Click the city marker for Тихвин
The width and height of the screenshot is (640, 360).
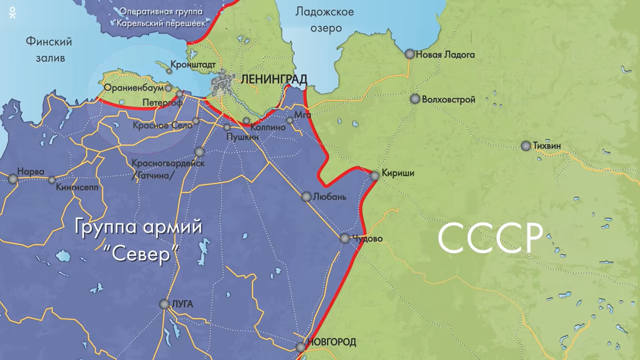coord(526,146)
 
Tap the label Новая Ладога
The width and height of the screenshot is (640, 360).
coord(445,54)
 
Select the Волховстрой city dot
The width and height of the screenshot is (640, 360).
coord(415,99)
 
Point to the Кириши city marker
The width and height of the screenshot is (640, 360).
coord(375,175)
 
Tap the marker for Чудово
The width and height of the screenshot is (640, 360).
coord(345,238)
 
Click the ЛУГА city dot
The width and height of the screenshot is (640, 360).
coord(164,304)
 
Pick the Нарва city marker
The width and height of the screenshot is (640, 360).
coord(13,179)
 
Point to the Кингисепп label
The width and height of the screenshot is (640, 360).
coord(81,180)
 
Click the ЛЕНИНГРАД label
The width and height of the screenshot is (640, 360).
coord(274,79)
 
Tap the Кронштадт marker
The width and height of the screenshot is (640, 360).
coord(170,70)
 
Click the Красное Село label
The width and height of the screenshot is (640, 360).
coord(162,126)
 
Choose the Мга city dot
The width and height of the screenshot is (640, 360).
coord(290,120)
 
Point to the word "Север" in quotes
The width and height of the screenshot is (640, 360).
coord(139,254)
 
